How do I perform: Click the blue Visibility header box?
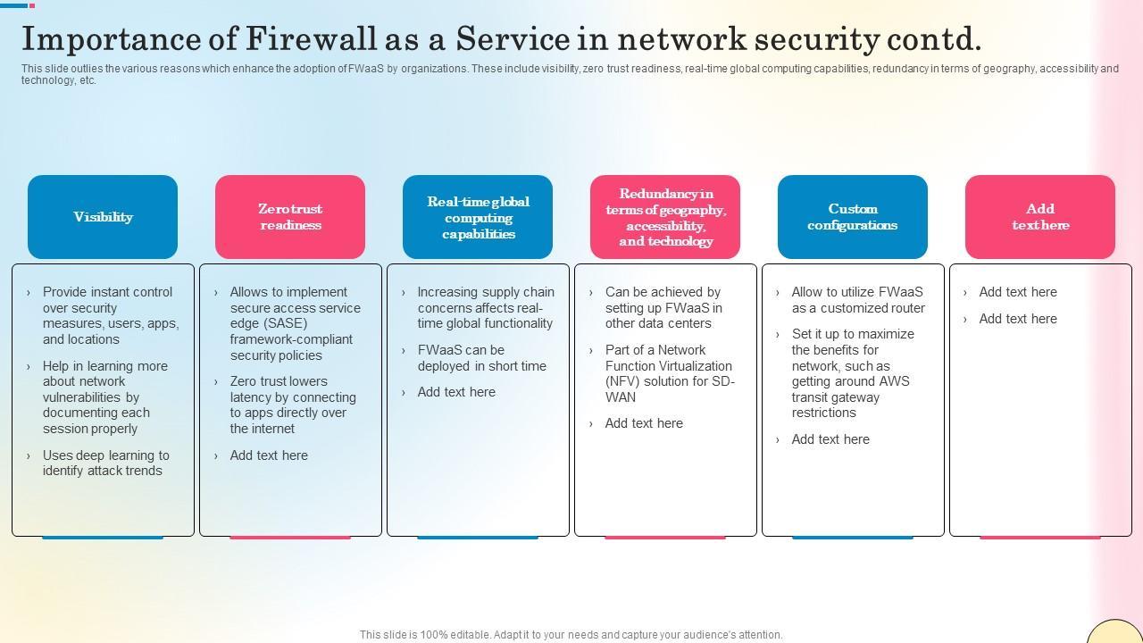(x=103, y=217)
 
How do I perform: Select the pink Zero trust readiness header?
(x=290, y=217)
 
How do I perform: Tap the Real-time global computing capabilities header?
(x=478, y=217)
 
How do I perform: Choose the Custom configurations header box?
(x=853, y=217)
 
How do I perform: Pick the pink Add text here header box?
(x=1040, y=217)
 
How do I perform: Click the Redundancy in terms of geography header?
(x=665, y=217)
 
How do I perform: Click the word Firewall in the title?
(x=311, y=38)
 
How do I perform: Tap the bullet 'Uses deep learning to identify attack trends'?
(x=106, y=463)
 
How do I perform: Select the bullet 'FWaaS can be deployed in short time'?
(x=481, y=358)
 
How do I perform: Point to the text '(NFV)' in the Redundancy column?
(x=622, y=381)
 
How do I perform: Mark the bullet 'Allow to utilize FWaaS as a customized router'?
(x=858, y=300)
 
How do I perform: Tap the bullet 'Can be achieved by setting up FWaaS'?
(x=663, y=308)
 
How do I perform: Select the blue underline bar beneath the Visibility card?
(x=103, y=538)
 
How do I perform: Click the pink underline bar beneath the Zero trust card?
(x=290, y=538)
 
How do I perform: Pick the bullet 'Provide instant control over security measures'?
(x=111, y=315)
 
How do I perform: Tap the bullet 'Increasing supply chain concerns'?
(x=486, y=308)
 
